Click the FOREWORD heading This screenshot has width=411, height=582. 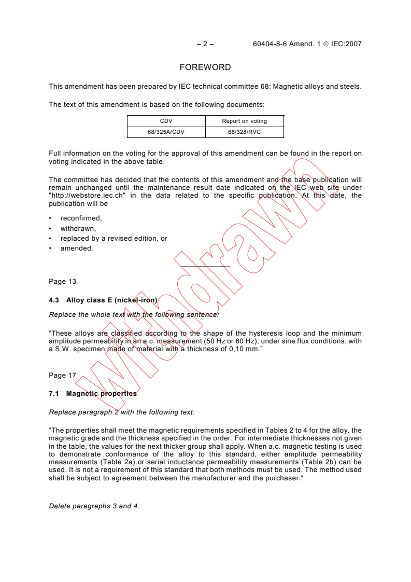[x=205, y=67]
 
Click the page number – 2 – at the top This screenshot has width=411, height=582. [x=205, y=44]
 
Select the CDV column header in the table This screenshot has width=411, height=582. [x=166, y=121]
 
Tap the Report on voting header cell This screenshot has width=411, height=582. [x=244, y=121]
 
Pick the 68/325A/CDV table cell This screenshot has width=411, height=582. [x=166, y=132]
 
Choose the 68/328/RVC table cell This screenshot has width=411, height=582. [x=244, y=132]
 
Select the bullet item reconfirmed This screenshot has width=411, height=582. [x=81, y=218]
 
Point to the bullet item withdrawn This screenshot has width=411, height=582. [x=78, y=228]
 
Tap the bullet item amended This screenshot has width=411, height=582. [x=77, y=248]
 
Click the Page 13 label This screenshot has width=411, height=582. [x=62, y=282]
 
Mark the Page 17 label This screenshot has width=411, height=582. [x=62, y=375]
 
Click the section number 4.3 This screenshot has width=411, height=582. [x=54, y=300]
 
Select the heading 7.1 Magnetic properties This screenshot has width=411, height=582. [x=93, y=393]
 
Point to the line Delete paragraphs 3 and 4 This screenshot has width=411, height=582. [x=94, y=506]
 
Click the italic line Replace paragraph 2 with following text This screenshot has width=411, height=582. [x=122, y=412]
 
